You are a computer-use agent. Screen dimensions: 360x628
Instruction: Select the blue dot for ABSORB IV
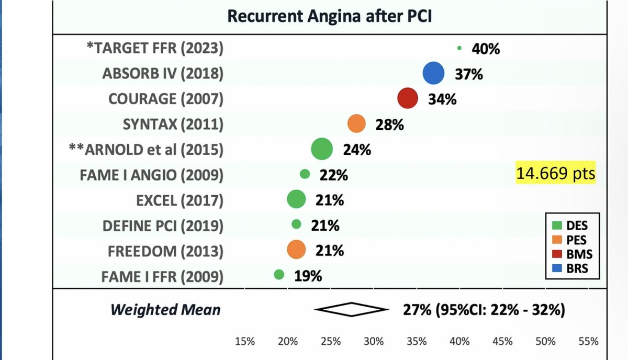point(433,73)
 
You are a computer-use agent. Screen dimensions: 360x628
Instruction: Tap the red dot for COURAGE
point(408,98)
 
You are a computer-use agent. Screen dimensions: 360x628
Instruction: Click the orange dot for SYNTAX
point(356,124)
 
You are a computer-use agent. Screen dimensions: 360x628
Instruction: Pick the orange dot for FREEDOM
point(296,250)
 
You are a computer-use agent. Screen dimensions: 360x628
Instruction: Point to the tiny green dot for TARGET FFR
point(459,48)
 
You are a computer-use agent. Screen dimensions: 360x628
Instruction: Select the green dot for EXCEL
point(296,199)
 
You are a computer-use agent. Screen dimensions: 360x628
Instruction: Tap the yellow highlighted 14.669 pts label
point(556,174)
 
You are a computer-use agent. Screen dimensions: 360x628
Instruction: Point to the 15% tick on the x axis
point(245,342)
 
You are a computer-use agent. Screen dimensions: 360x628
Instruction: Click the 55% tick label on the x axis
point(588,342)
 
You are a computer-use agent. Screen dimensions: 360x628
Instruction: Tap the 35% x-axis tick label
point(417,342)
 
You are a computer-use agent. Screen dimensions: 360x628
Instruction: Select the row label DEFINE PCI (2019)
point(163,226)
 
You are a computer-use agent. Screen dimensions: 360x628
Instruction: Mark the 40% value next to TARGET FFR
point(486,49)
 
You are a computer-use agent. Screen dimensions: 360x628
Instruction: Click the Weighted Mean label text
point(165,309)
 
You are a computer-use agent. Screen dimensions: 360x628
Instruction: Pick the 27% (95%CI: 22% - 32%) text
point(484,309)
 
